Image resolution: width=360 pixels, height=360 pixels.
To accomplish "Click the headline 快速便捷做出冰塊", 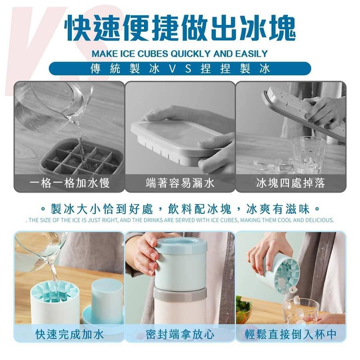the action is pos(180,29).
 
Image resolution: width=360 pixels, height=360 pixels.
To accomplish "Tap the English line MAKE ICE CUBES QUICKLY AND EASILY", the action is pos(180,54).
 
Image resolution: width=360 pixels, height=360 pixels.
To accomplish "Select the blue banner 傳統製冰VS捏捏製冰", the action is pos(180,69).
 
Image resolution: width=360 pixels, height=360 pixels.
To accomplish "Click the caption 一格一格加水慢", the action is pos(70,183).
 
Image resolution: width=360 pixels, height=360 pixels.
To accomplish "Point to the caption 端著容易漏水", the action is pos(180,183).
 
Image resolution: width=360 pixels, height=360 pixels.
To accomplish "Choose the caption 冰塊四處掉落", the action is pos(291,183).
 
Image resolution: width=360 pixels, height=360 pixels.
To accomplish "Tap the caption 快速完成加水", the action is pos(70,334).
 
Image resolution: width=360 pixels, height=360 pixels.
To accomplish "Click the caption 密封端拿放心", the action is pos(180,334).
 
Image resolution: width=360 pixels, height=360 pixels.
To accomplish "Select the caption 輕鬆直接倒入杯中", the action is pos(291,334).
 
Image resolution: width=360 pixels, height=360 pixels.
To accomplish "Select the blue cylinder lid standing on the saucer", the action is pos(107,301).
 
